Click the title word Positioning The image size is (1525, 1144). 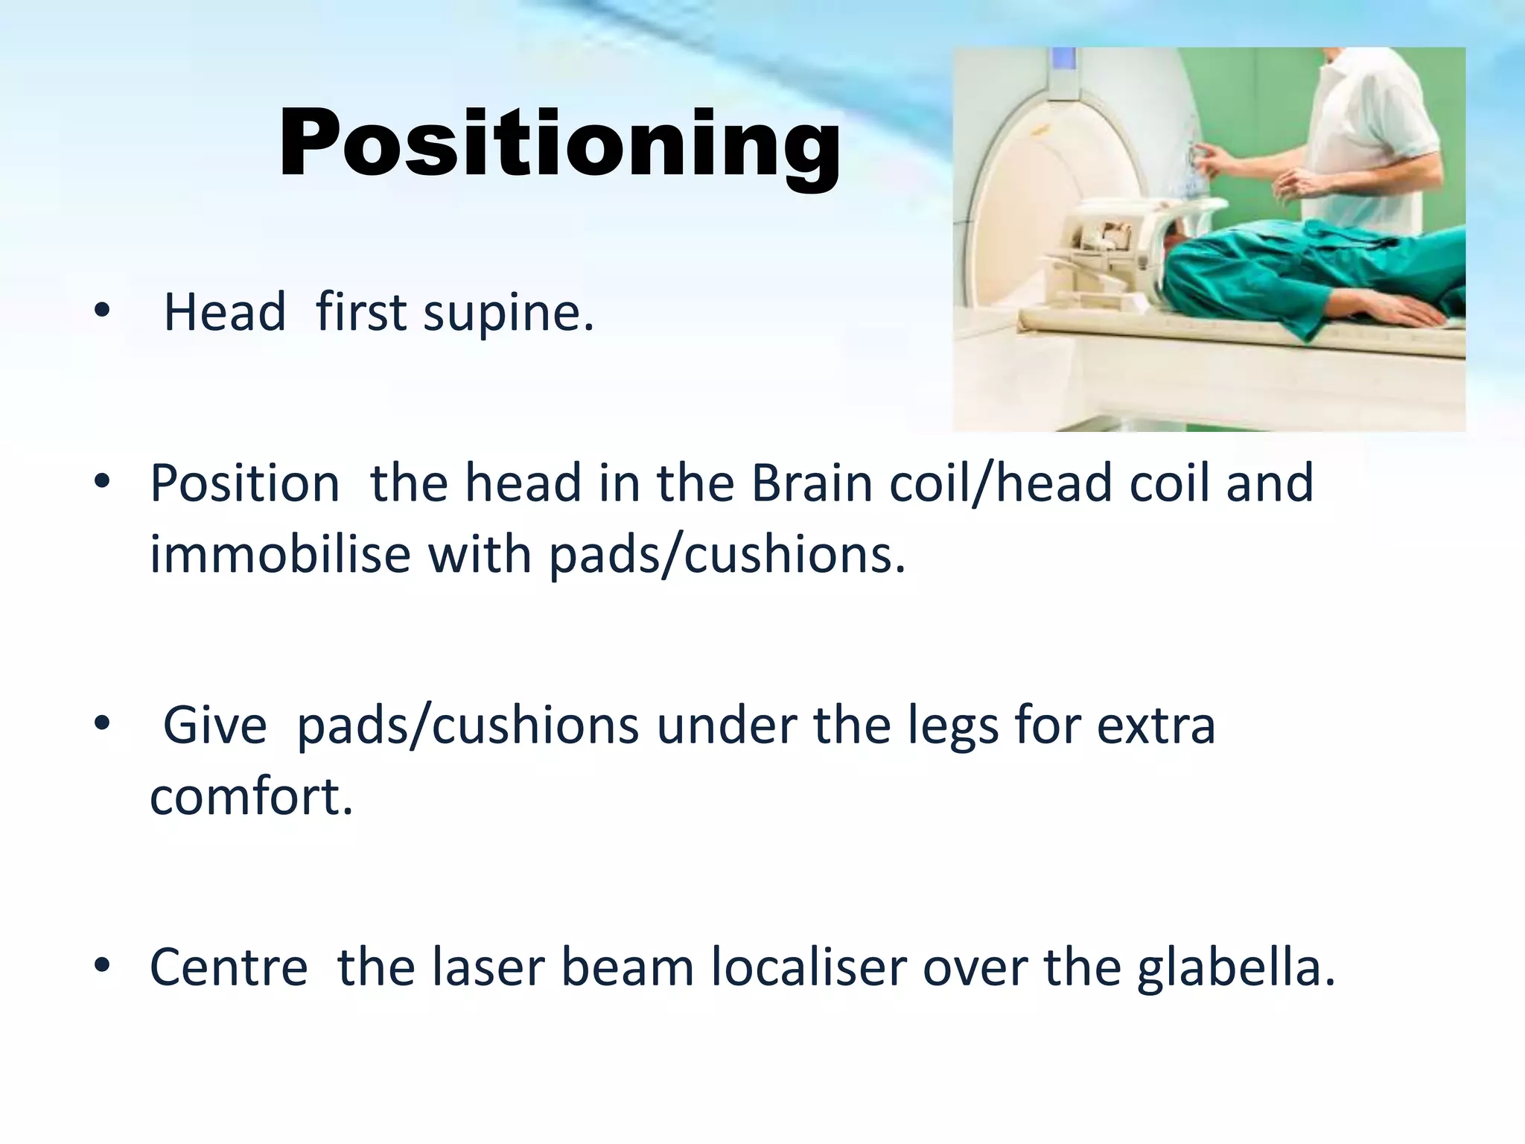(x=560, y=144)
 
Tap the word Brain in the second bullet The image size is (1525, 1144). (x=812, y=483)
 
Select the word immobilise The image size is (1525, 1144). (x=280, y=555)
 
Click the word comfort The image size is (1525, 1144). (x=251, y=796)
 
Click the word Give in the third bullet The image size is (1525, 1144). (x=214, y=726)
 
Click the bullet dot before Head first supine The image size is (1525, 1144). (x=102, y=312)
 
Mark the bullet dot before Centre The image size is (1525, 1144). (x=102, y=966)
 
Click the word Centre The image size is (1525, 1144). (x=229, y=967)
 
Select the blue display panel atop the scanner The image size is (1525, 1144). (x=1064, y=71)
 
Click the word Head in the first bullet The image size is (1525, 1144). (x=224, y=313)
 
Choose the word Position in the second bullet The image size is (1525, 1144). (x=245, y=483)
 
